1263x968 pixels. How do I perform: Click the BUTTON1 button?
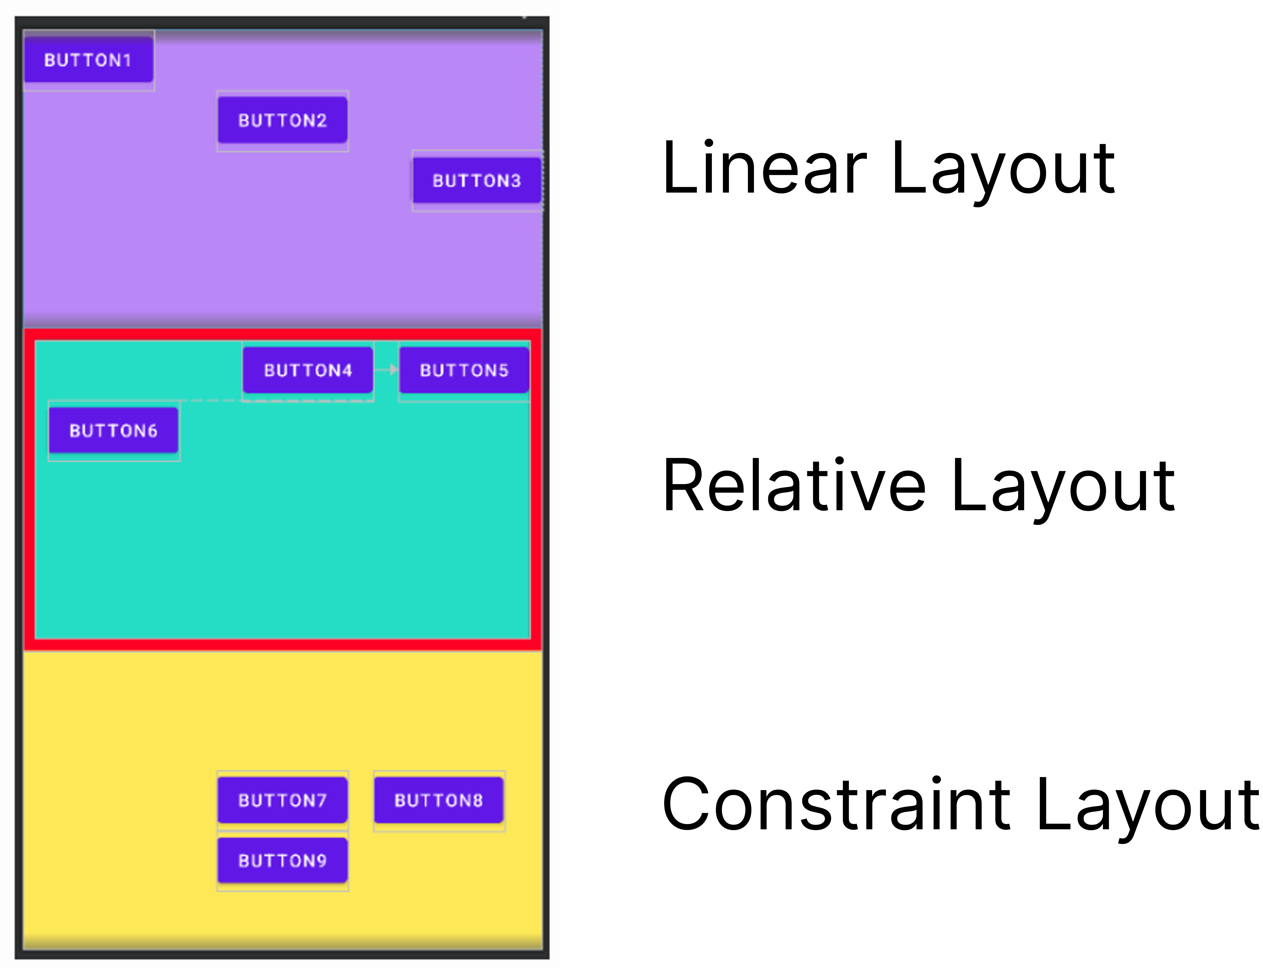88,60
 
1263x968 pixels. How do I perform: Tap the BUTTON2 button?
282,120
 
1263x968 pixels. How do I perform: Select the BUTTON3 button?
477,180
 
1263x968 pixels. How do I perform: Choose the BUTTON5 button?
464,370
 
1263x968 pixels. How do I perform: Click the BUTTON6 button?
114,430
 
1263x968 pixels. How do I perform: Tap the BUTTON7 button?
282,800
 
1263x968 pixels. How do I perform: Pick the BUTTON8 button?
438,800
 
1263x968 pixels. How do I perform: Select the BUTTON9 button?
282,861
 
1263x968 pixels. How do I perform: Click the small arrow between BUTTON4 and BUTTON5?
393,369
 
